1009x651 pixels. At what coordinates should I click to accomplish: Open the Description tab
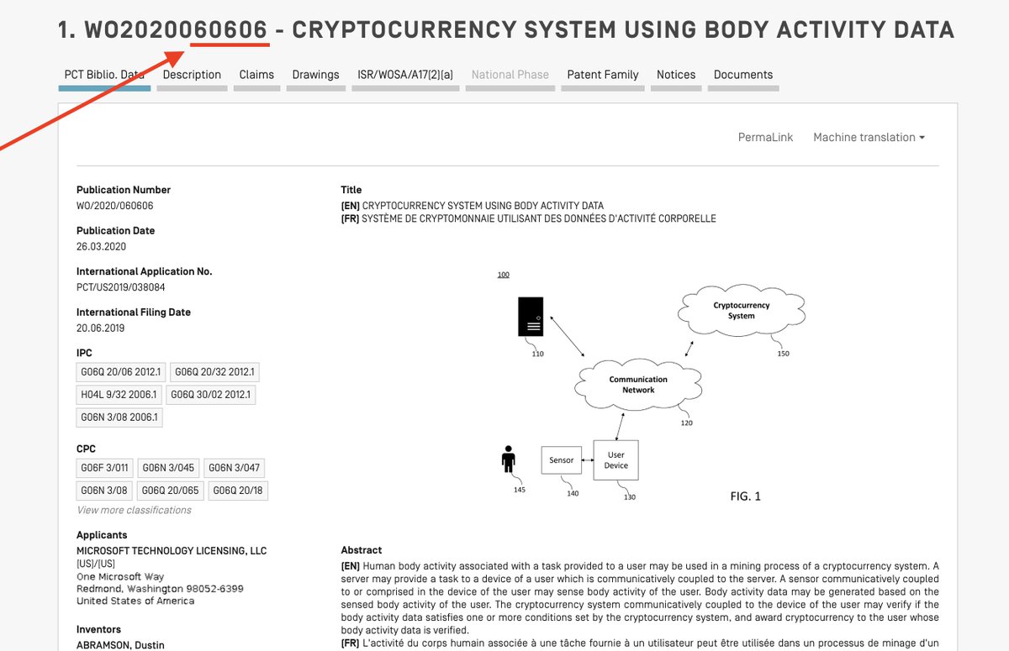(192, 75)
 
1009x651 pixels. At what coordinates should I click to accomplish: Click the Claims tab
(256, 75)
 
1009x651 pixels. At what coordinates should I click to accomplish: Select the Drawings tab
(315, 75)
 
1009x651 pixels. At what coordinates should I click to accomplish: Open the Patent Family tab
(603, 75)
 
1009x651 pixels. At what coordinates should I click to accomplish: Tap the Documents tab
(743, 75)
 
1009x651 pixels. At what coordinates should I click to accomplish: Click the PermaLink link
(765, 137)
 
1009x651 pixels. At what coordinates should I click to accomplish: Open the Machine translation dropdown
(869, 137)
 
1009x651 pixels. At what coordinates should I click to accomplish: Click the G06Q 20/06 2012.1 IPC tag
(121, 371)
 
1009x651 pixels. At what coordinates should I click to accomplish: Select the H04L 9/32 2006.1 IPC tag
(119, 394)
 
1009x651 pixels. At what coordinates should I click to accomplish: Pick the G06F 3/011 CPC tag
(105, 468)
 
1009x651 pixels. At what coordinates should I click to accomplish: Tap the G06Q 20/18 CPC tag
(238, 491)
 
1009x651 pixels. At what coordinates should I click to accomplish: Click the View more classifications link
(134, 510)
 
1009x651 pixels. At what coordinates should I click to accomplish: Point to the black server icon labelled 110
(531, 317)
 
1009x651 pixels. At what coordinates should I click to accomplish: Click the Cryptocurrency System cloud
(741, 311)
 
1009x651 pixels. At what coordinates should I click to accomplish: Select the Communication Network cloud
(638, 385)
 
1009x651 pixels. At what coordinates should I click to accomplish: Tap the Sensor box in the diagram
(562, 460)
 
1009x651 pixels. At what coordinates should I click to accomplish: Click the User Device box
(615, 459)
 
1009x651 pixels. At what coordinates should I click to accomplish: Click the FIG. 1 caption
(745, 496)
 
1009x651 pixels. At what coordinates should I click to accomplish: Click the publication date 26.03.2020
(101, 246)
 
